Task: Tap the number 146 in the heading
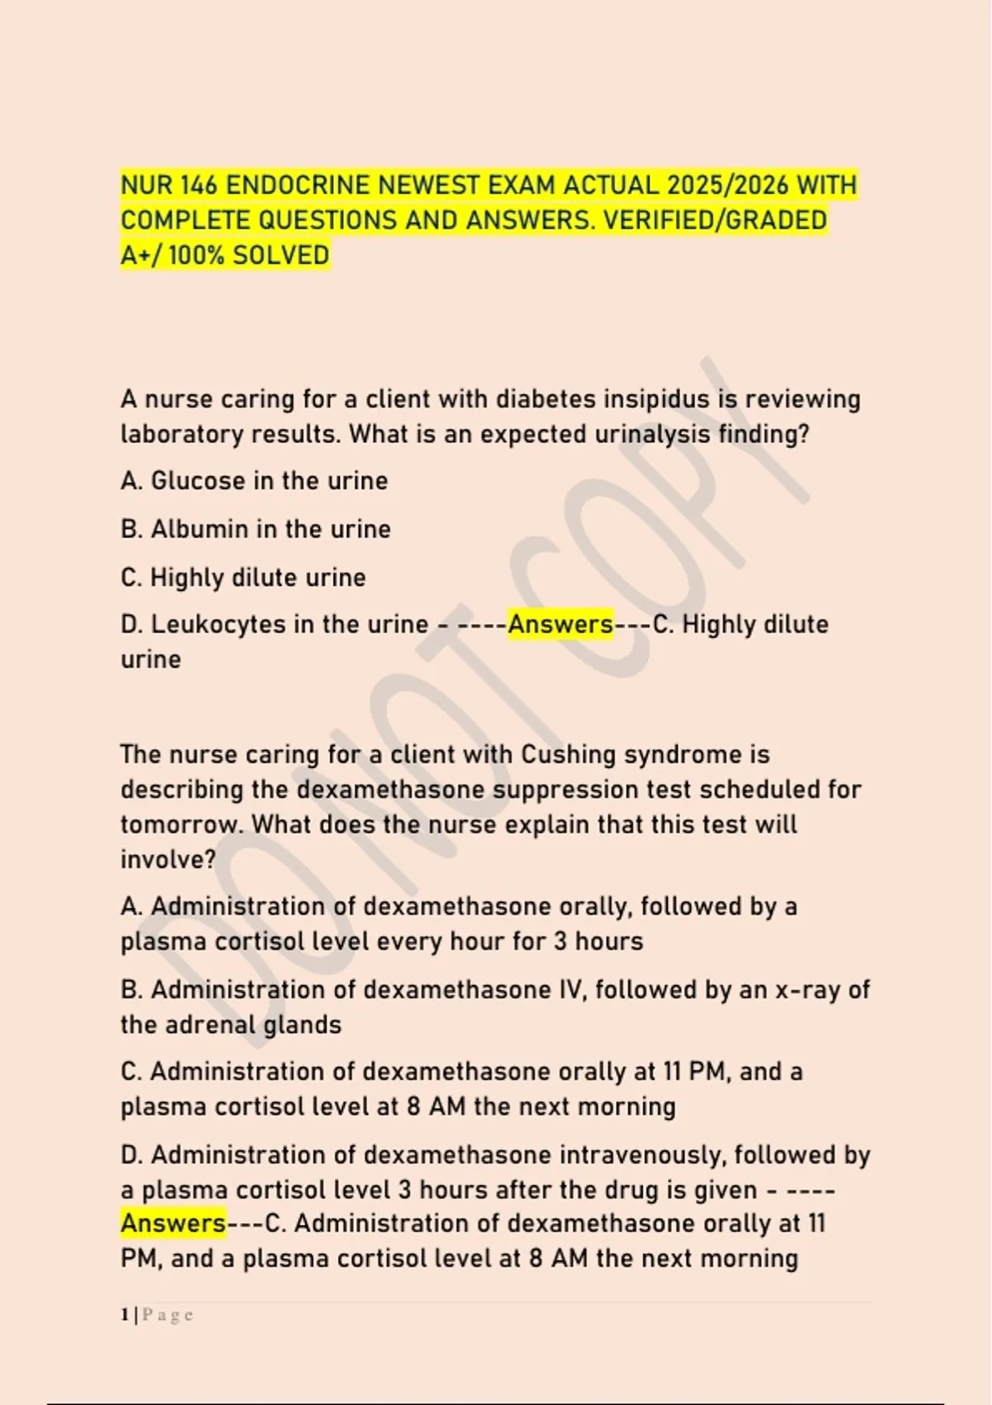(194, 185)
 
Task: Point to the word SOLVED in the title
(281, 255)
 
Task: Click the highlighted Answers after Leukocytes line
(560, 625)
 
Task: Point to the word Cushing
(568, 755)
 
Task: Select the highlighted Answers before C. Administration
(173, 1224)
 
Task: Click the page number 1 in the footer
(125, 1315)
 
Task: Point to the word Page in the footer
(168, 1315)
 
